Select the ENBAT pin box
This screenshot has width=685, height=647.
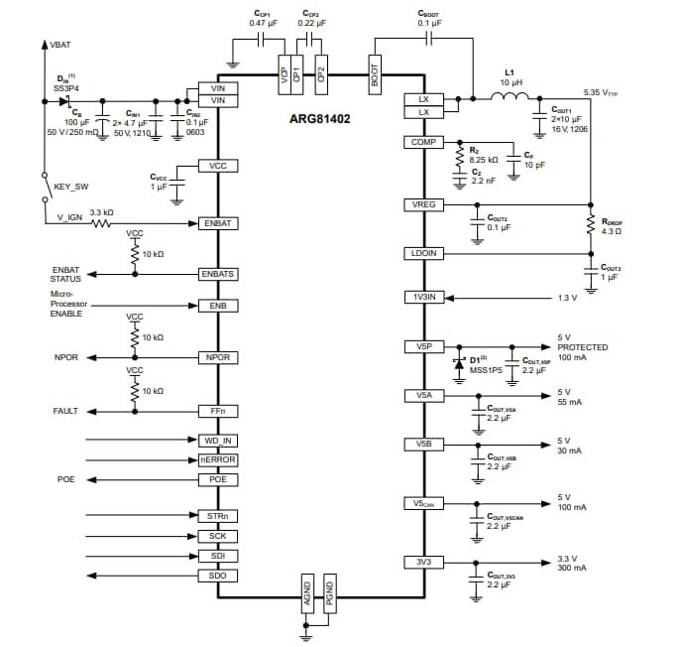click(x=218, y=223)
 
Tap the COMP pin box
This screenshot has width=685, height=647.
click(x=423, y=143)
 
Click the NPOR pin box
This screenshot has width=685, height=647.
click(x=218, y=356)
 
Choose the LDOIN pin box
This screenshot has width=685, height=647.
click(x=423, y=253)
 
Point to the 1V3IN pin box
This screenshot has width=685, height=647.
click(x=423, y=297)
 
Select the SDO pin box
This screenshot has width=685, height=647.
click(x=218, y=576)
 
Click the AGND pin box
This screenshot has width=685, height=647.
click(x=307, y=592)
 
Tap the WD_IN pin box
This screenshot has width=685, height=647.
click(x=218, y=440)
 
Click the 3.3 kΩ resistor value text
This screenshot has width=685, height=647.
click(x=101, y=212)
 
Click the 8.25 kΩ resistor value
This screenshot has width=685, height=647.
click(x=484, y=159)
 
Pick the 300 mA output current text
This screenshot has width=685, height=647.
click(x=571, y=568)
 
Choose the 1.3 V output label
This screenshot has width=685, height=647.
click(x=566, y=298)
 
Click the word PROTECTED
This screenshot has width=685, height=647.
click(x=582, y=347)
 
